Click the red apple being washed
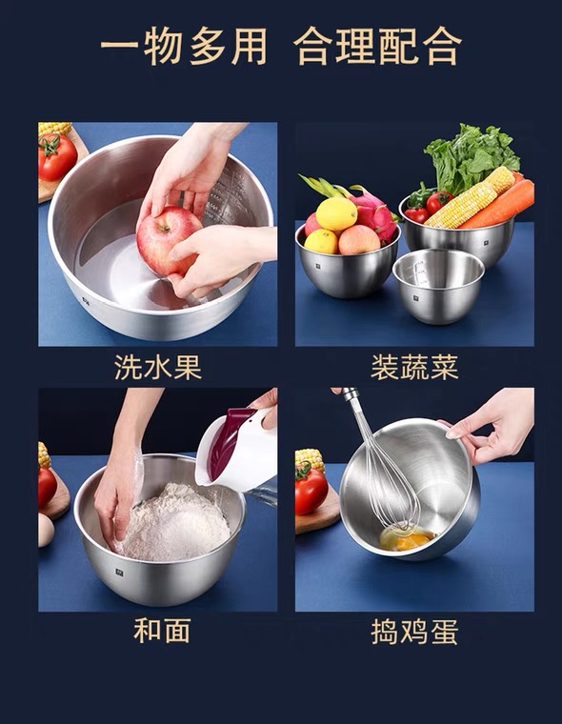point(169,240)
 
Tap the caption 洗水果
point(158,368)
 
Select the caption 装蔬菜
point(414,368)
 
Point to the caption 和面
point(162,631)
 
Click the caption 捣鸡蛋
point(414,632)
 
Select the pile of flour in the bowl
point(175,522)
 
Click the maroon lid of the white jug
point(227,442)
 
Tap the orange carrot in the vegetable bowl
point(500,206)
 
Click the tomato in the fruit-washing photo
point(57,157)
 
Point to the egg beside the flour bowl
point(46,530)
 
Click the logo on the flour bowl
point(119,573)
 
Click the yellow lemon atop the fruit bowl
point(336,213)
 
